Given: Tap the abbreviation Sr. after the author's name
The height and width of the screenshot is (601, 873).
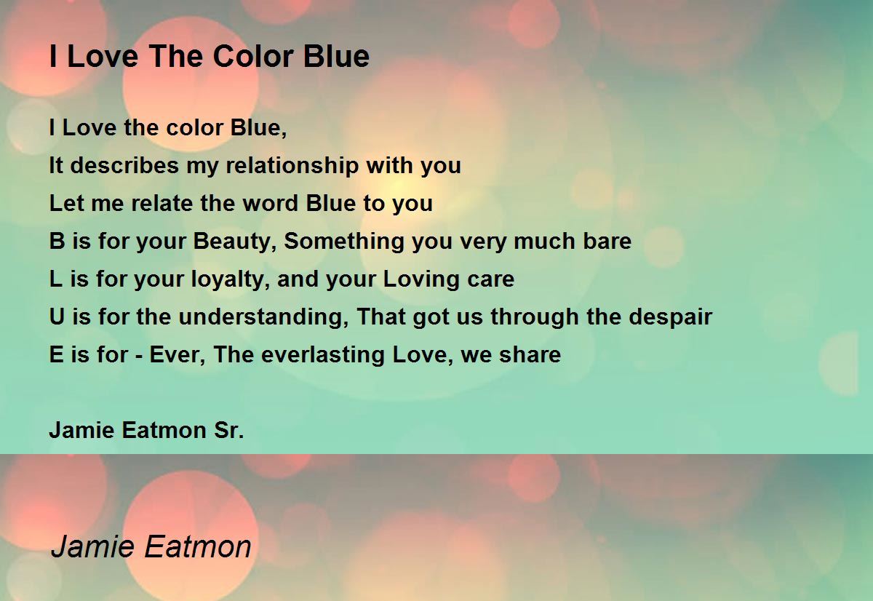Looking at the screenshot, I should coord(229,431).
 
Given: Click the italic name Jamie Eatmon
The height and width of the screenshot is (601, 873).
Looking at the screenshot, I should coord(151,546).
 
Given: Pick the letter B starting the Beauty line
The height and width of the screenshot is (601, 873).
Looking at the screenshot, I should coord(57,242).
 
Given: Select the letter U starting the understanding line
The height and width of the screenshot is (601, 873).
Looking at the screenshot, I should coord(57,317).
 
